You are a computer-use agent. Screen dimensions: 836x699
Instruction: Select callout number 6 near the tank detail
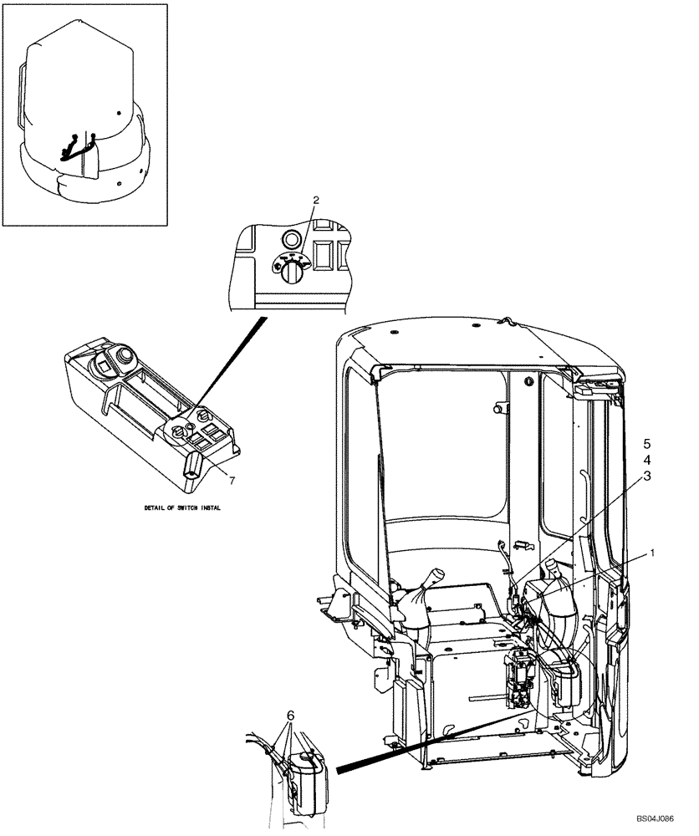tap(290, 716)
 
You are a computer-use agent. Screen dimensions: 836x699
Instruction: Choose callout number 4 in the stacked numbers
tap(645, 459)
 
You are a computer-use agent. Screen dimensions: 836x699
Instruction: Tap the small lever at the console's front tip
tap(193, 462)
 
